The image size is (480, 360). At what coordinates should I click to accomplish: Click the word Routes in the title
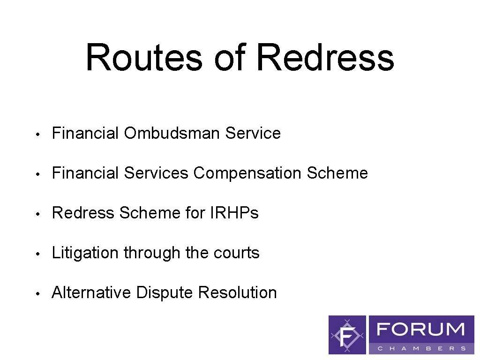click(144, 57)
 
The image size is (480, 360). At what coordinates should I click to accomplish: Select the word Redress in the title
click(325, 57)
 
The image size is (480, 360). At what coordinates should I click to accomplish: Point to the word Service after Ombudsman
click(253, 133)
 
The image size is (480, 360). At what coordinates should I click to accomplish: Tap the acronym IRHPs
click(235, 213)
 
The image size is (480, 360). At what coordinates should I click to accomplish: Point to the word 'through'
click(152, 253)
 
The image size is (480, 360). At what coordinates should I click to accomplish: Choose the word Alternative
click(91, 293)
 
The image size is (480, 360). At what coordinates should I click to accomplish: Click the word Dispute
click(165, 293)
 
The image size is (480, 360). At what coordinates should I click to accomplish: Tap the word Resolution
click(238, 293)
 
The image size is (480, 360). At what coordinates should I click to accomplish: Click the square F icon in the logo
click(347, 335)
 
